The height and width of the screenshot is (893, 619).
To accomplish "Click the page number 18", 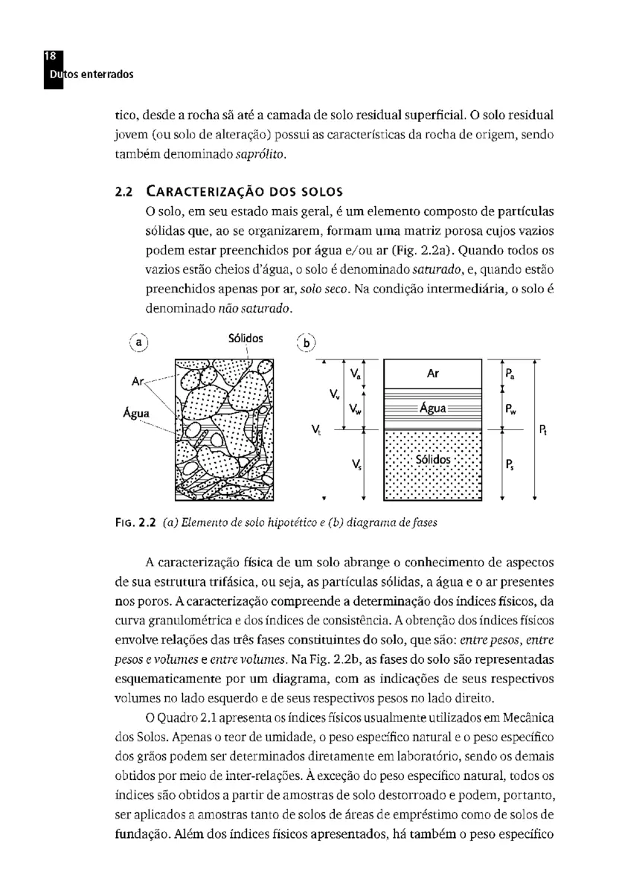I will tap(51, 57).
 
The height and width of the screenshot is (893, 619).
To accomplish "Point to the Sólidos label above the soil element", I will tap(246, 338).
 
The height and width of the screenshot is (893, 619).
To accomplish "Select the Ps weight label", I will tap(509, 465).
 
